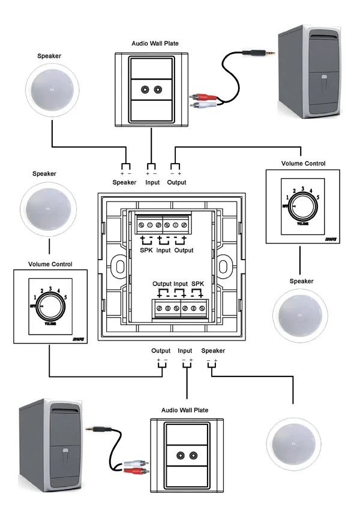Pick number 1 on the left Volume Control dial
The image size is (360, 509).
tap(36, 297)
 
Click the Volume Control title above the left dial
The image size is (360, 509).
tap(50, 264)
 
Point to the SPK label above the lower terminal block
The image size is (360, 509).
tap(198, 283)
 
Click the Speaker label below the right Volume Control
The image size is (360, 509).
tap(301, 281)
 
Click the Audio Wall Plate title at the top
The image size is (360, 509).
tap(155, 43)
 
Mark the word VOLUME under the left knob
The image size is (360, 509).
tap(50, 322)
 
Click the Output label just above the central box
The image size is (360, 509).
tap(176, 182)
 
